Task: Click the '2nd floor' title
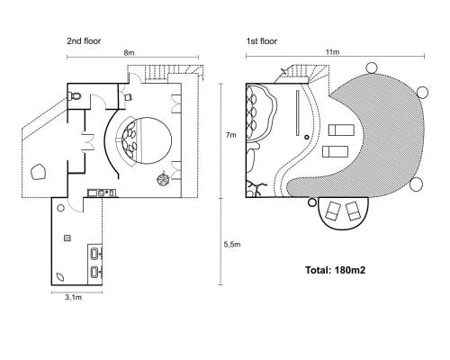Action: [84, 41]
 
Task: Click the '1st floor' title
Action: [262, 41]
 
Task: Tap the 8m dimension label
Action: [129, 53]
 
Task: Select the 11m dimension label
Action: [332, 52]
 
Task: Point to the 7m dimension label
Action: [231, 135]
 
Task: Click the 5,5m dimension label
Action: [232, 245]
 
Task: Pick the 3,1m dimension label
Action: [74, 297]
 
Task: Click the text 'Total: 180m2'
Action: [336, 270]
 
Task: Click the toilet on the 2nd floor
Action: [75, 96]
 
